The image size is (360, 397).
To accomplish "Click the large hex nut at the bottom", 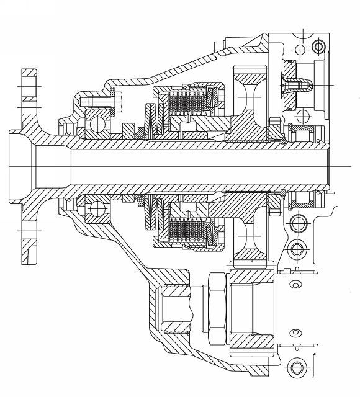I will [217, 304].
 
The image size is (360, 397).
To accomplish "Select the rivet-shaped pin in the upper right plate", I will [292, 81].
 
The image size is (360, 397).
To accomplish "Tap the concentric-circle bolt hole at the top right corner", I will [319, 47].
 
